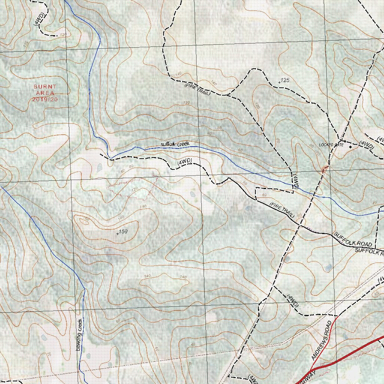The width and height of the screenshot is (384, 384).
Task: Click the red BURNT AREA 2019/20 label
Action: (45, 93)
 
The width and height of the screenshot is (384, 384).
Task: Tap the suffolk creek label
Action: (175, 144)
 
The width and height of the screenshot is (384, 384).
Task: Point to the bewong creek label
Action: (79, 334)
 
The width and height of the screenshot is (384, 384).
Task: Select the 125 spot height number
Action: (285, 80)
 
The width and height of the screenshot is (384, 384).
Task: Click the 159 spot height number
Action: (123, 232)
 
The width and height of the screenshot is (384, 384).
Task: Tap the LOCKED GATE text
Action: (331, 144)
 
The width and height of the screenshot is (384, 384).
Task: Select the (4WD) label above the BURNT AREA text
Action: (40, 19)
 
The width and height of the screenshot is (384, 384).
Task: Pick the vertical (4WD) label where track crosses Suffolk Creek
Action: (295, 181)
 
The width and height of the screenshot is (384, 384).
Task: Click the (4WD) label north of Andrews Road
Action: (292, 300)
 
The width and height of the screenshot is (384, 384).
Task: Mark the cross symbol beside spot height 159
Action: (118, 234)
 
